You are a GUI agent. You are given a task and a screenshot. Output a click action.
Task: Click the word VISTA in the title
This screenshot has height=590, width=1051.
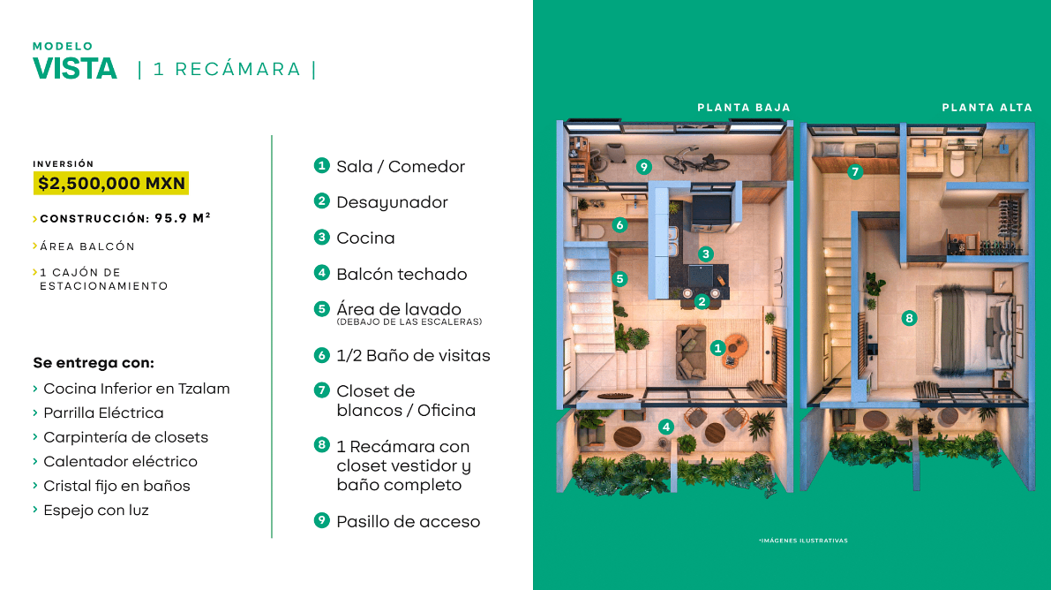click(75, 69)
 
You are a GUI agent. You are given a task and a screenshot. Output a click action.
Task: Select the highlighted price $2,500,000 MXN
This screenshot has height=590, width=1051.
click(111, 184)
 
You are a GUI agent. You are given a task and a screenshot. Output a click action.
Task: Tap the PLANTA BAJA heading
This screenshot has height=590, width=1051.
click(744, 108)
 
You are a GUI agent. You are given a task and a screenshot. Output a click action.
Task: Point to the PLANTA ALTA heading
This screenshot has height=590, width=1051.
click(987, 108)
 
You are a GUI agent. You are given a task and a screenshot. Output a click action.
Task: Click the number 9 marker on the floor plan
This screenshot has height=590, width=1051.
click(644, 166)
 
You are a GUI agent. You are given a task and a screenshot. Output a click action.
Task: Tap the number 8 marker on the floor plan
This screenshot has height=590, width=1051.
click(909, 318)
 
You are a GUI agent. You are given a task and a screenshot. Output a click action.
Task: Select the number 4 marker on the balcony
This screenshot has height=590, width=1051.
click(666, 427)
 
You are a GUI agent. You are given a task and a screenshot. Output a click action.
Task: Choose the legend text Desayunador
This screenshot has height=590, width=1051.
click(392, 202)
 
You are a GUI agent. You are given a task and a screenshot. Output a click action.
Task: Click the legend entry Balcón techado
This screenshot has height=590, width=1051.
click(402, 274)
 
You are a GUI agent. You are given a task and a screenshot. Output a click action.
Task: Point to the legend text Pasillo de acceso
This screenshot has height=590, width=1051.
click(408, 521)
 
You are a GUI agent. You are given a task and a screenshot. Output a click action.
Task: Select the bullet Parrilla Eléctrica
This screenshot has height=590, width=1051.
click(103, 412)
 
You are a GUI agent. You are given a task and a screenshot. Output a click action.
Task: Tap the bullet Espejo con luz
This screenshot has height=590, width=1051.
click(96, 510)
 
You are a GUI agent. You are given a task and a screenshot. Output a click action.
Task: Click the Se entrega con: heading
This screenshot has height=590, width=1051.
click(94, 363)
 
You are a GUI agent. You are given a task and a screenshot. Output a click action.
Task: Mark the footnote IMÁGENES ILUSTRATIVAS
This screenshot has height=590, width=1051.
click(803, 541)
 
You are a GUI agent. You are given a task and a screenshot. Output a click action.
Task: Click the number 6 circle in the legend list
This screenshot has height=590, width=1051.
click(322, 355)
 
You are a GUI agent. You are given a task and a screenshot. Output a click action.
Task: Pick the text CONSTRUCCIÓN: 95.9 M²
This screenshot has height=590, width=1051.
click(124, 218)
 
